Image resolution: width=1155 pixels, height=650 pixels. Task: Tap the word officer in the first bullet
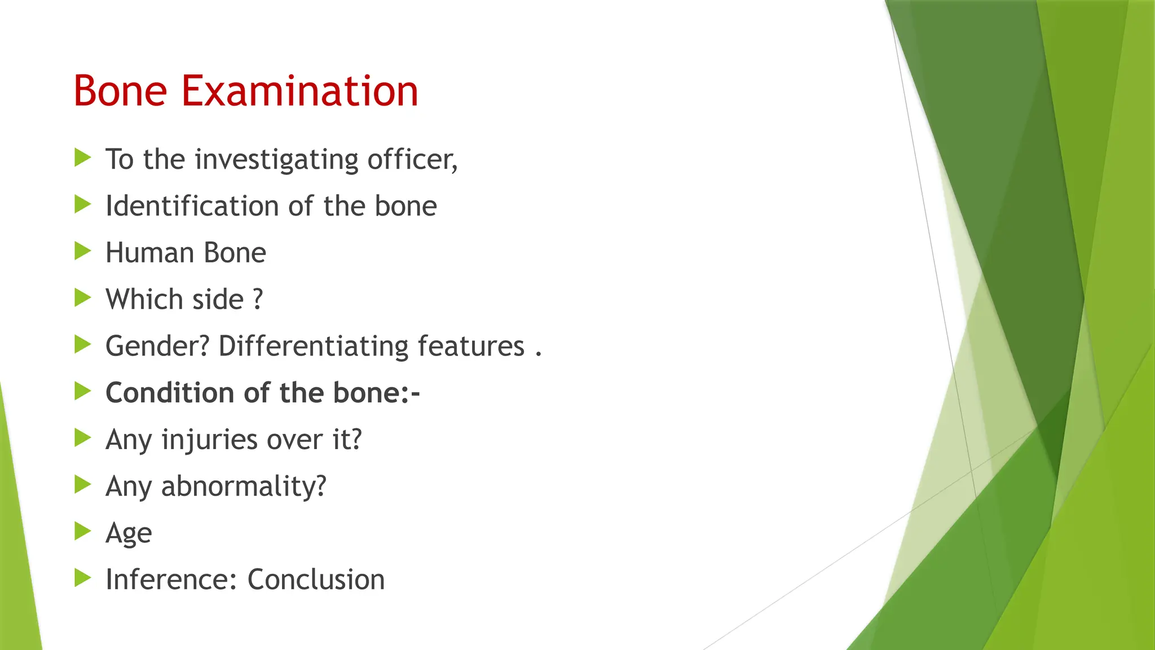412,159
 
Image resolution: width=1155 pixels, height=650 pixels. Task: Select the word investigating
276,160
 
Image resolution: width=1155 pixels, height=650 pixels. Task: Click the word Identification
192,206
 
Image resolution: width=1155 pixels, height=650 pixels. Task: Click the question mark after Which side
258,299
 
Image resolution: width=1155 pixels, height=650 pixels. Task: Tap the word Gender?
157,346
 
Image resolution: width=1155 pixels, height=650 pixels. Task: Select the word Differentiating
313,346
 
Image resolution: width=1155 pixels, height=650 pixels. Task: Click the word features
471,346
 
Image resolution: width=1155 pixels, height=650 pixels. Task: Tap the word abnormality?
244,486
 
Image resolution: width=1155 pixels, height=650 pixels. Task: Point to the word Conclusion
316,579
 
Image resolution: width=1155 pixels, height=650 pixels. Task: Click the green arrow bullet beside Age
82,531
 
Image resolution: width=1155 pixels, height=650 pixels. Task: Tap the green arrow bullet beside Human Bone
82,251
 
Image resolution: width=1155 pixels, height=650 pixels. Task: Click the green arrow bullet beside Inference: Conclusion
82,578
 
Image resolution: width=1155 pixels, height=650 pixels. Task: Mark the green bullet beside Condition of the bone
82,391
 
